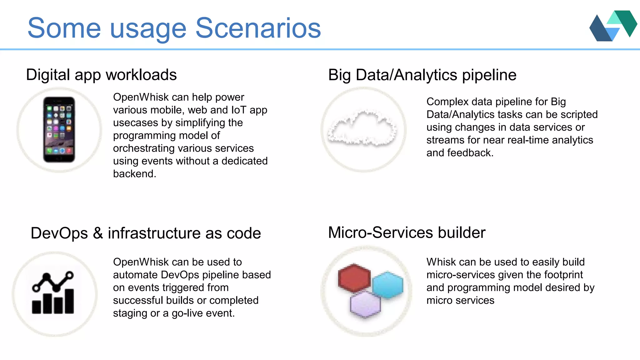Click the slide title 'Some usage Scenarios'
click(174, 28)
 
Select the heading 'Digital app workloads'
click(101, 75)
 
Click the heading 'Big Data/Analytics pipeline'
click(422, 75)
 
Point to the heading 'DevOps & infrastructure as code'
click(146, 233)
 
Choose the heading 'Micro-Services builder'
click(407, 232)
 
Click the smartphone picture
click(59, 129)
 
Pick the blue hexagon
click(387, 285)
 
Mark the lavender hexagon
click(365, 304)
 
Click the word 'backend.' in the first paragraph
click(135, 174)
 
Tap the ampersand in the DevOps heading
click(98, 233)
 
